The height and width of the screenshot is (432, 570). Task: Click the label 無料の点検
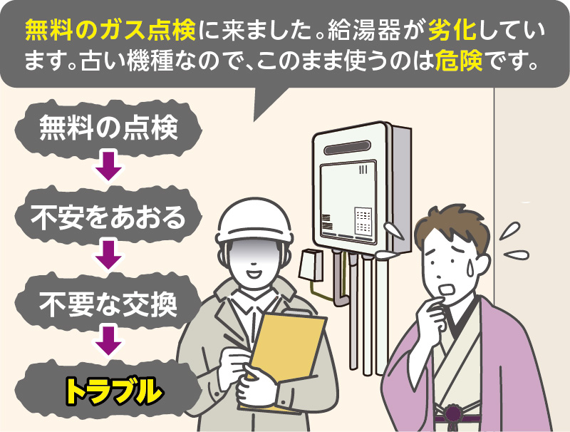pos(107,128)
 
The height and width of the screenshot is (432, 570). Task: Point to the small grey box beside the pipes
pos(311,266)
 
